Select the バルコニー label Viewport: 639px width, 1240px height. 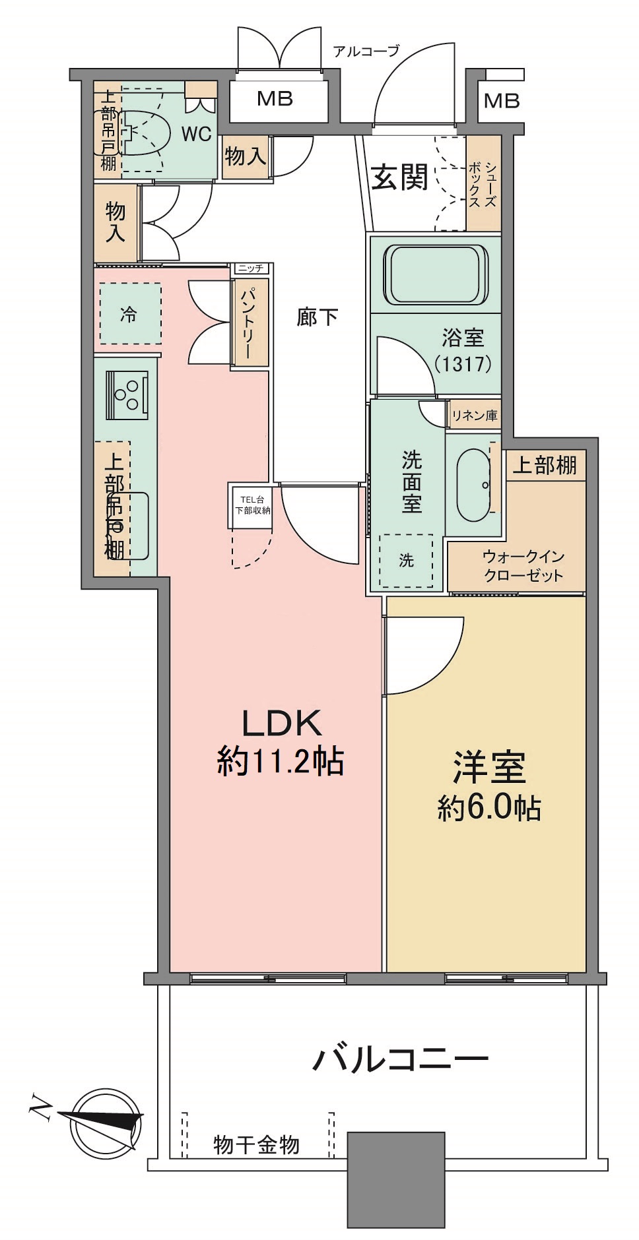tap(400, 1060)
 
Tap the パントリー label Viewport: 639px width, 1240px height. tap(250, 323)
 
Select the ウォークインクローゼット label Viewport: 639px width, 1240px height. tap(523, 565)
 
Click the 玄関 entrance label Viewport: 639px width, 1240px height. tap(399, 176)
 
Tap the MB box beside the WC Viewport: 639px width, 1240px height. tap(275, 99)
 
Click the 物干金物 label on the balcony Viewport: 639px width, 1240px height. tap(256, 1145)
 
